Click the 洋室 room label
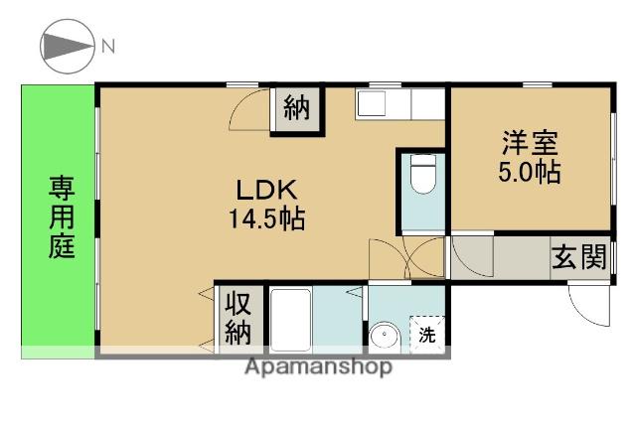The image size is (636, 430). [528, 143]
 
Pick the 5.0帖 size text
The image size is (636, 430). [528, 172]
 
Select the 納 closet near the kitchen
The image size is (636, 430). [296, 107]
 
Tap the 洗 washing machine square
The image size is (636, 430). [426, 334]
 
